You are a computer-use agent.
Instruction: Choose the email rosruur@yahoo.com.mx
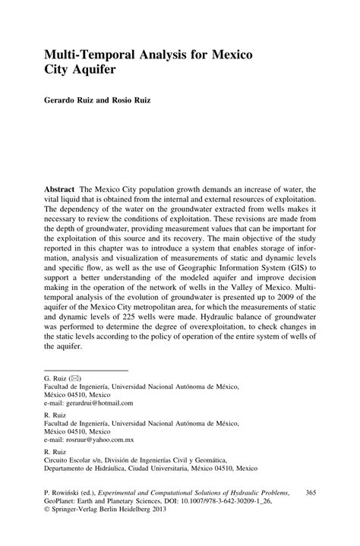pyautogui.click(x=90, y=440)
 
